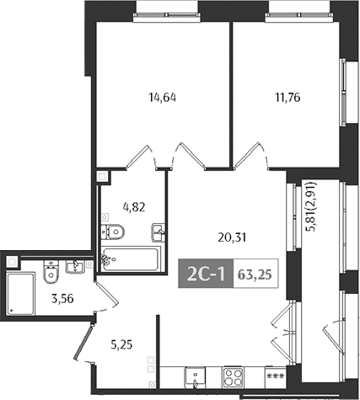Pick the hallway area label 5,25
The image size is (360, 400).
tap(124, 344)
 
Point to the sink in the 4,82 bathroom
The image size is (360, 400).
tap(158, 232)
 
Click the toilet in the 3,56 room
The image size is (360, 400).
tap(49, 271)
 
